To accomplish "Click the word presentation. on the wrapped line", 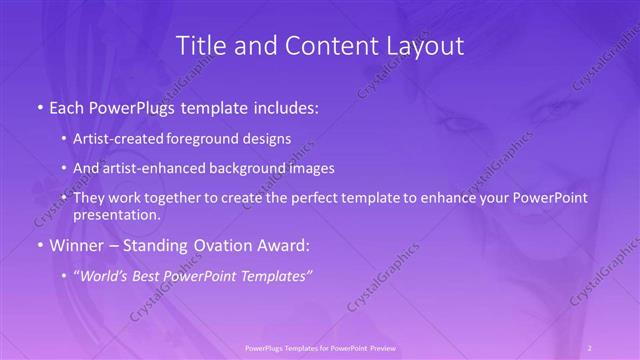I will click(x=116, y=215).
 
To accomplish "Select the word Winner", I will click(x=74, y=246).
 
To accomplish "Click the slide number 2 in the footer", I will click(x=590, y=347).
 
